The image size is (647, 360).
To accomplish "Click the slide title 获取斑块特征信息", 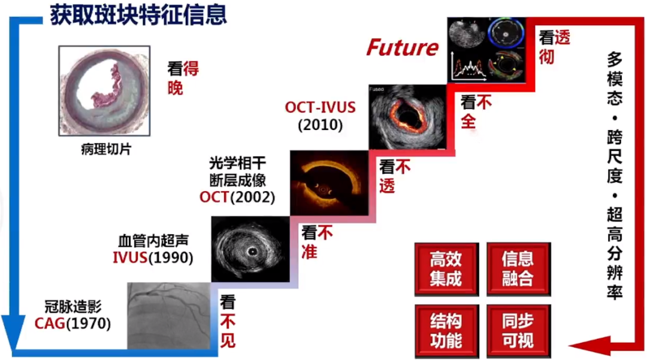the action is [138, 16].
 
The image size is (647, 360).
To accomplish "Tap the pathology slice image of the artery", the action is [104, 90].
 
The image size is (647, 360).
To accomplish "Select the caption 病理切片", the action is [106, 149].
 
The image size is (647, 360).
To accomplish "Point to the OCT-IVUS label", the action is [320, 107].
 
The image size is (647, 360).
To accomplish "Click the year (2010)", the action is [320, 125].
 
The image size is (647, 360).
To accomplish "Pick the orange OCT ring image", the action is [329, 183].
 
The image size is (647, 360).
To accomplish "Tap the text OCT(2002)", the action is [237, 197].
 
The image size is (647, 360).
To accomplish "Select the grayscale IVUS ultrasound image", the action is [250, 249].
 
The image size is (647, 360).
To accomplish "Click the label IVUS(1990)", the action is [153, 258].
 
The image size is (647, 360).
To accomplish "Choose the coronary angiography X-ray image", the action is [169, 316].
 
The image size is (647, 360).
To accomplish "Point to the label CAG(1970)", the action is [72, 323].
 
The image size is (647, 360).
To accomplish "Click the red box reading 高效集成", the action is [446, 270].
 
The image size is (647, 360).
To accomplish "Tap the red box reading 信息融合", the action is [519, 270].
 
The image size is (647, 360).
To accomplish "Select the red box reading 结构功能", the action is [446, 331].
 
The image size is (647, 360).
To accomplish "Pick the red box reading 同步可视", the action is [519, 331].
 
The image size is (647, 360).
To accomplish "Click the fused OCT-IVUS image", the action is [408, 117].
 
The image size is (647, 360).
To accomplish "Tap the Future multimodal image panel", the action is [486, 50].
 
